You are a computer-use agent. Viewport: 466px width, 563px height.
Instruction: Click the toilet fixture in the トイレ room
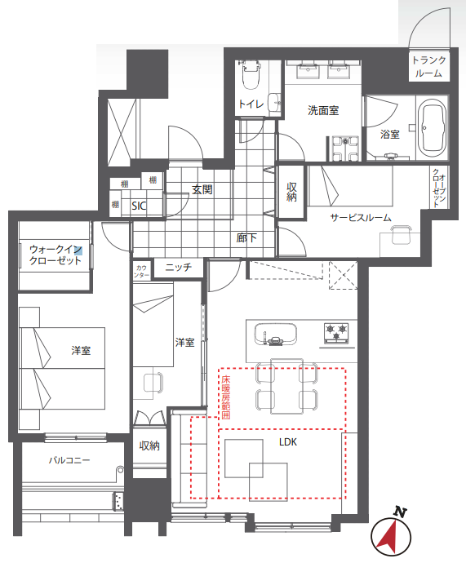[251, 74]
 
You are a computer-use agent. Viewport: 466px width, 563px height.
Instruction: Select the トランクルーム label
[428, 66]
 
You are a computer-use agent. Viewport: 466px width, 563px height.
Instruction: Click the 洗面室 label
[323, 110]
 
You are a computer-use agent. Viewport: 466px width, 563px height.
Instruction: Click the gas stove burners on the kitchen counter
[336, 332]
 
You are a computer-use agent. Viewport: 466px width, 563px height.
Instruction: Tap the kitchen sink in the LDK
[275, 334]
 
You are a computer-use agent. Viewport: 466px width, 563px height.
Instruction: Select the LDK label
[288, 441]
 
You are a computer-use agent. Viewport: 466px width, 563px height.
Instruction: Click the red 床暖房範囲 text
[226, 397]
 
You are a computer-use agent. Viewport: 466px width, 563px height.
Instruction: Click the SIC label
[139, 206]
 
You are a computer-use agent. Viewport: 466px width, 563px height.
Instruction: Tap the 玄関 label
[202, 189]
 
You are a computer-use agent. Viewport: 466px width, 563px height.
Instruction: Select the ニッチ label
[179, 267]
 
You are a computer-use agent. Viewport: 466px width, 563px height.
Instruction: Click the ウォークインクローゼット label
[55, 255]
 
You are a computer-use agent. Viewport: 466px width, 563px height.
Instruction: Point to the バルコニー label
[69, 460]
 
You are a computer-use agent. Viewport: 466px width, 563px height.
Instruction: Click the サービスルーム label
[361, 217]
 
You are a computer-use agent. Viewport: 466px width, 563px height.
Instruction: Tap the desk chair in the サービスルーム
[401, 235]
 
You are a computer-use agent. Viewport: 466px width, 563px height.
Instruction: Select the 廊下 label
[246, 237]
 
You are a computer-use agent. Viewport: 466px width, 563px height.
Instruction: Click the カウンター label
[142, 271]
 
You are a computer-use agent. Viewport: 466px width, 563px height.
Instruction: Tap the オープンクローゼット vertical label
[439, 188]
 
